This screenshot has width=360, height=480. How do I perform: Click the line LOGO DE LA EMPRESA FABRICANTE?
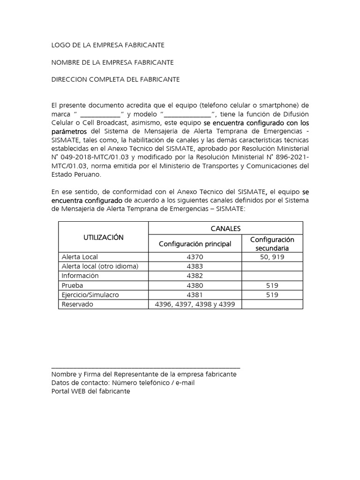pyautogui.click(x=108, y=45)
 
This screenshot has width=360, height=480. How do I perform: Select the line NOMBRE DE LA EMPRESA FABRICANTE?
pyautogui.click(x=112, y=62)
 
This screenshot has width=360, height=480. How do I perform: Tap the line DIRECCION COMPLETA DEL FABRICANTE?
pyautogui.click(x=115, y=80)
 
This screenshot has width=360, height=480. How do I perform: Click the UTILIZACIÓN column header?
pyautogui.click(x=103, y=237)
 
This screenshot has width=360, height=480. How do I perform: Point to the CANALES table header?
pyautogui.click(x=225, y=228)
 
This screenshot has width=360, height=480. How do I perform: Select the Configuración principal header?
pyautogui.click(x=195, y=244)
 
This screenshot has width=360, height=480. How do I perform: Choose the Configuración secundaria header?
pyautogui.click(x=272, y=244)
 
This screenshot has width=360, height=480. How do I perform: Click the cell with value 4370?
pyautogui.click(x=195, y=257)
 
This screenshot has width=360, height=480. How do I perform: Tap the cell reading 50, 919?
pyautogui.click(x=272, y=257)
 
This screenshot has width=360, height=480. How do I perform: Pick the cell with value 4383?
pyautogui.click(x=195, y=266)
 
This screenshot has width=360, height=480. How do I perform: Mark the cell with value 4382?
pyautogui.click(x=195, y=276)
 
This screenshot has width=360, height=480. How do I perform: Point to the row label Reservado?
pyautogui.click(x=78, y=304)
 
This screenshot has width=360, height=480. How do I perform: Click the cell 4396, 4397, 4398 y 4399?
pyautogui.click(x=195, y=304)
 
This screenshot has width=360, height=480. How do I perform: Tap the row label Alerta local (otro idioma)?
pyautogui.click(x=100, y=266)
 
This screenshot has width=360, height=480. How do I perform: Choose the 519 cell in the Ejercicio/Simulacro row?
pyautogui.click(x=272, y=295)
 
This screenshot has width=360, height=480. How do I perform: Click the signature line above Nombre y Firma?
pyautogui.click(x=145, y=368)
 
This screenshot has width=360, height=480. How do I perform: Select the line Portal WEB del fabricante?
pyautogui.click(x=90, y=391)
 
